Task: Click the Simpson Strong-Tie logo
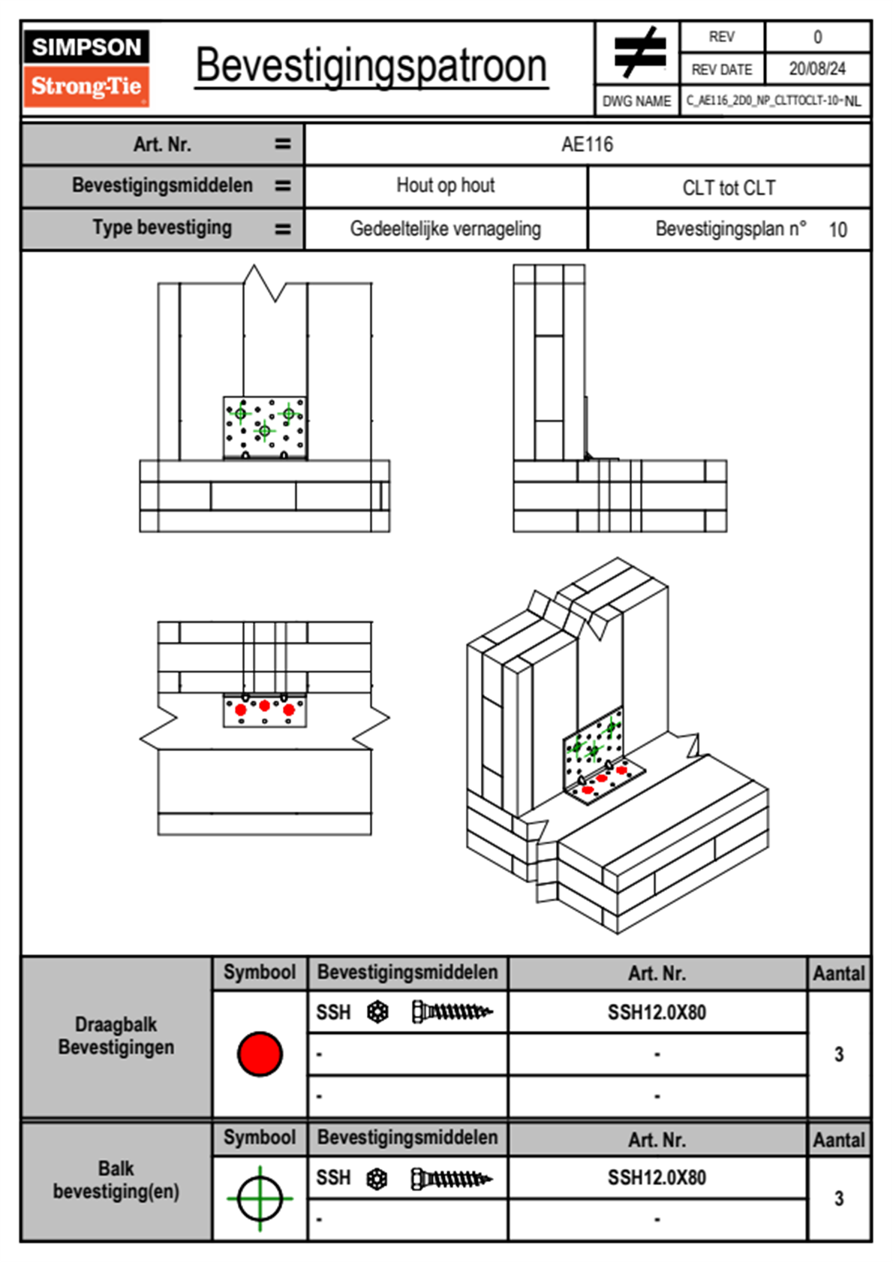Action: pyautogui.click(x=86, y=68)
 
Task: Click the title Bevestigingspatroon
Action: pyautogui.click(x=371, y=65)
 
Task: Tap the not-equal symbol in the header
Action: pyautogui.click(x=639, y=53)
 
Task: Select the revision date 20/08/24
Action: pyautogui.click(x=816, y=69)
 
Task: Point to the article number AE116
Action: pyautogui.click(x=587, y=144)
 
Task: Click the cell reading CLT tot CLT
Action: pyautogui.click(x=729, y=188)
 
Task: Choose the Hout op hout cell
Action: pyautogui.click(x=445, y=185)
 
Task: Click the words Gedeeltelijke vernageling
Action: pyautogui.click(x=445, y=229)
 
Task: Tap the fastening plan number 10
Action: pyautogui.click(x=837, y=230)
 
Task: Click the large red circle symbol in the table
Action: pyautogui.click(x=260, y=1054)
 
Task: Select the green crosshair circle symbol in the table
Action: pyautogui.click(x=260, y=1198)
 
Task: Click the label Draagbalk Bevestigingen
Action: pyautogui.click(x=116, y=1035)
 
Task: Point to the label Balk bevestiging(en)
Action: pyautogui.click(x=116, y=1180)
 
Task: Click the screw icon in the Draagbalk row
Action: pyautogui.click(x=452, y=1012)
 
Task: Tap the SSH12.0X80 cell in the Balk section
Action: pyautogui.click(x=657, y=1177)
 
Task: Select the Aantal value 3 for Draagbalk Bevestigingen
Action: pyautogui.click(x=839, y=1054)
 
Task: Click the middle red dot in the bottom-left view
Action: pyautogui.click(x=264, y=706)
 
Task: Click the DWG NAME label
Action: pyautogui.click(x=636, y=101)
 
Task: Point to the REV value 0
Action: pyautogui.click(x=817, y=37)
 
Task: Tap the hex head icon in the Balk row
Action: pyautogui.click(x=377, y=1179)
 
